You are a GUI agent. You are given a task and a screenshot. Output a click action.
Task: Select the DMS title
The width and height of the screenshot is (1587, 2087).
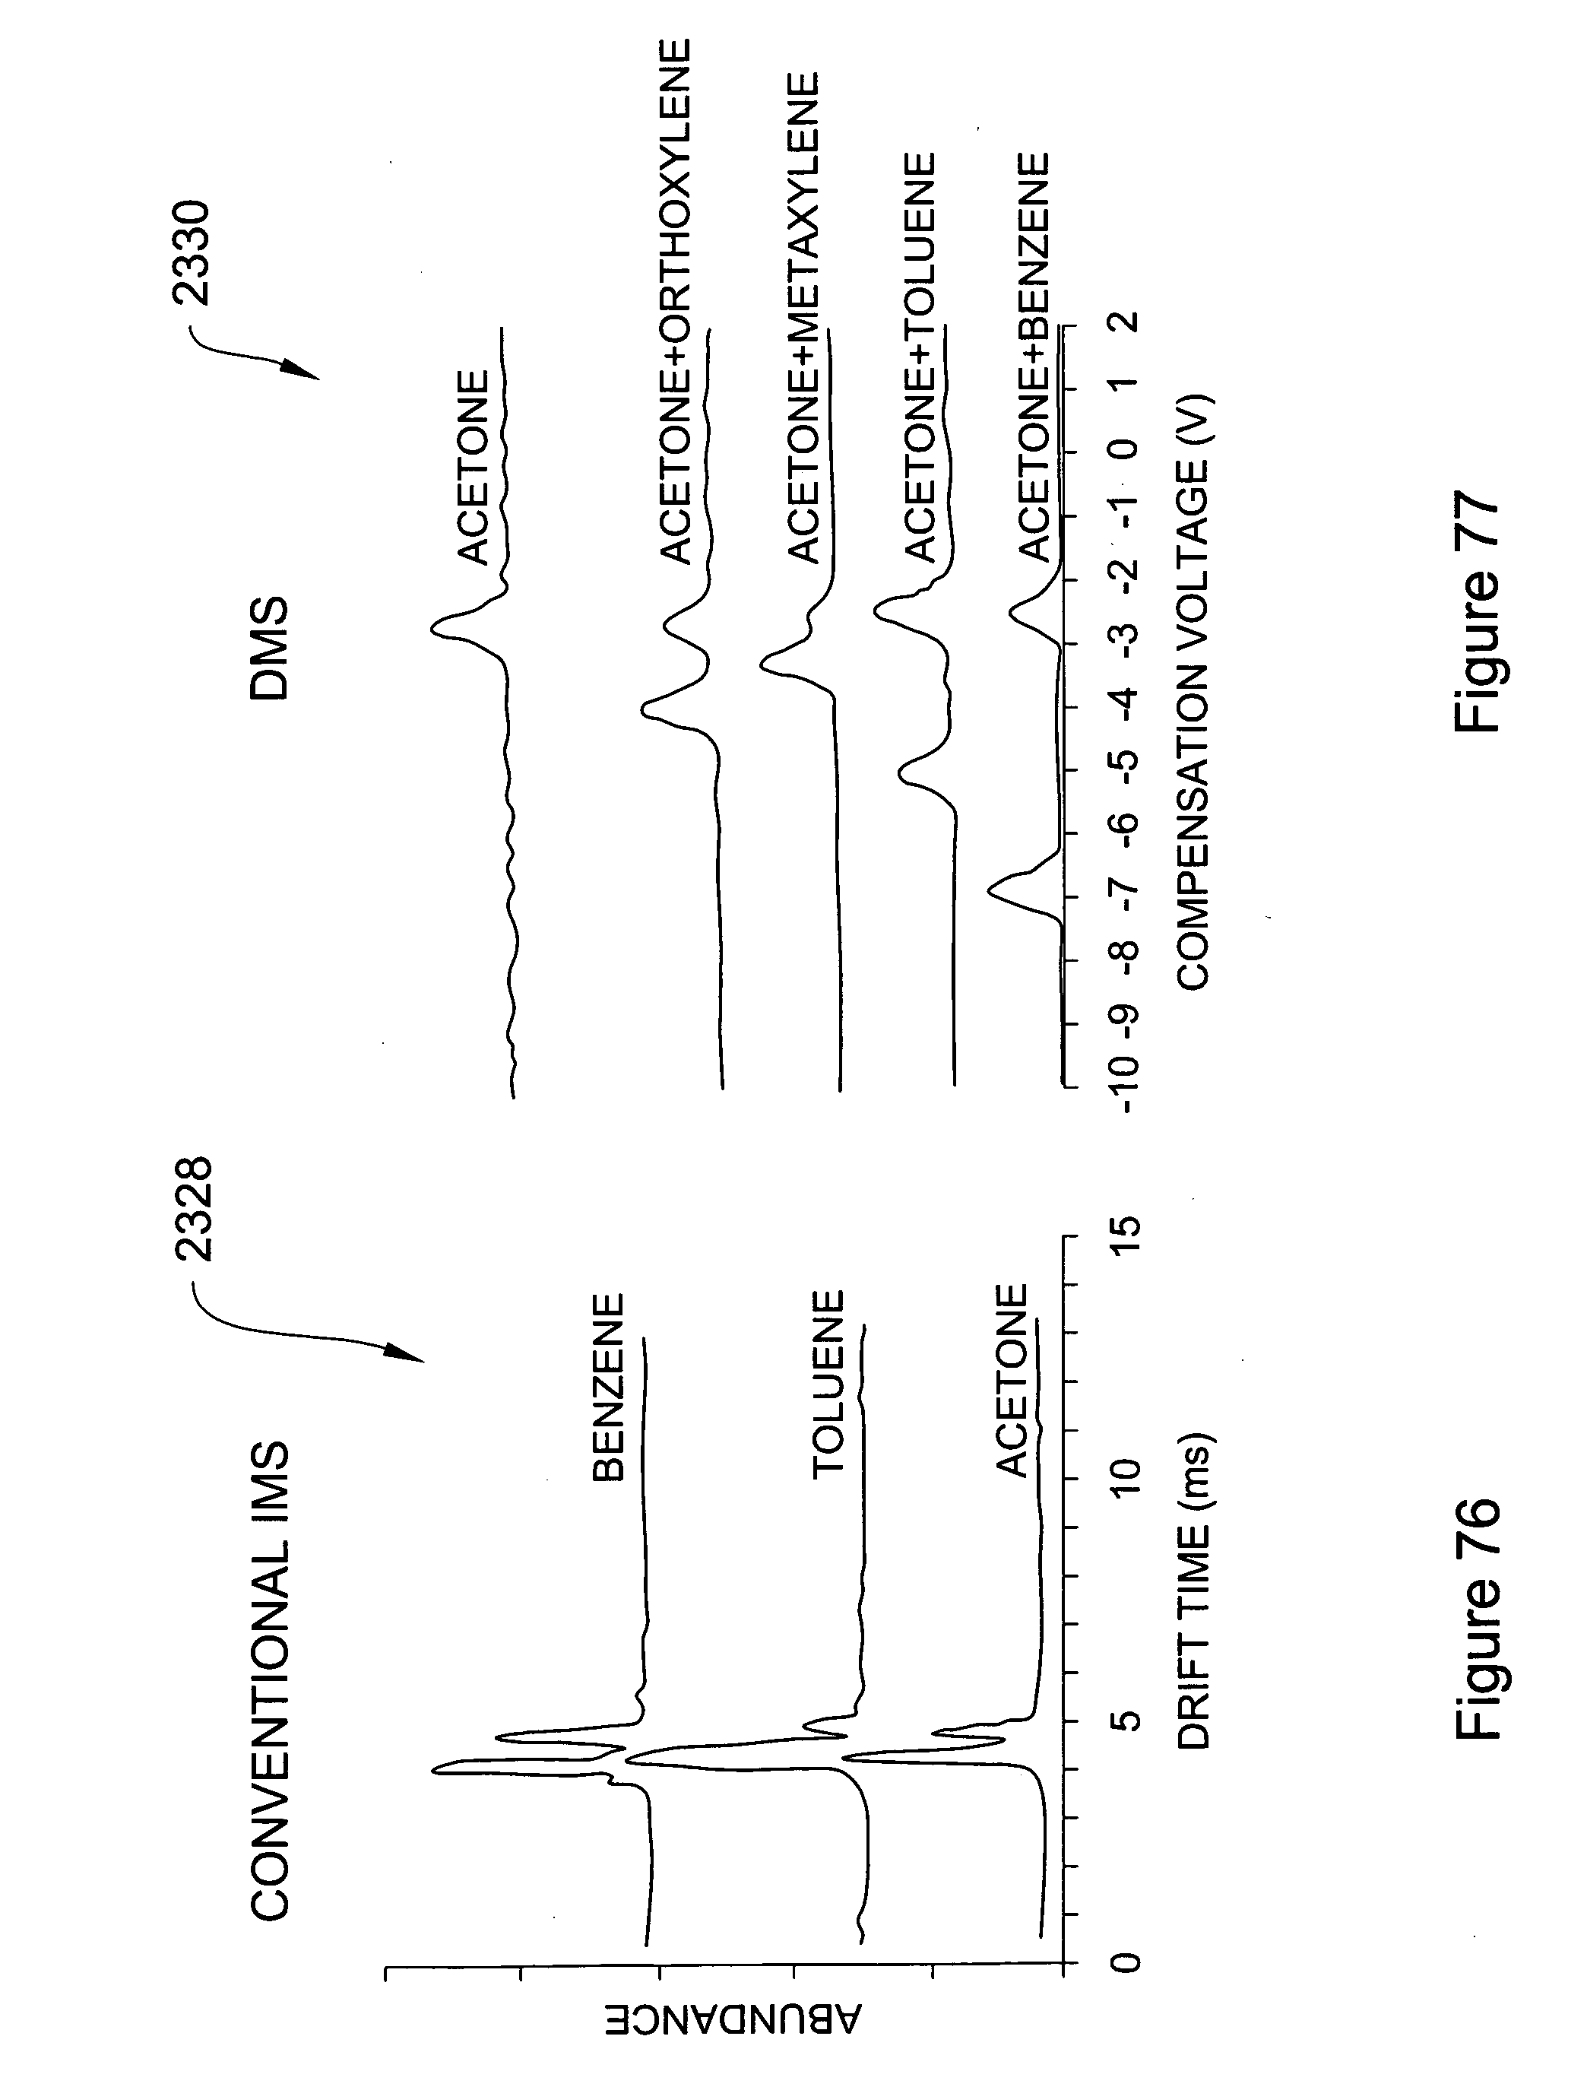tap(269, 647)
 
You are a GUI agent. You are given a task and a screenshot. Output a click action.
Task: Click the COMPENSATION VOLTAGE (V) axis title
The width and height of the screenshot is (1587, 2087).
tap(1193, 690)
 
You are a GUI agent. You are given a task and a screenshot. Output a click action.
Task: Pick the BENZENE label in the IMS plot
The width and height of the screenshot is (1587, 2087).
tap(607, 1388)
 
